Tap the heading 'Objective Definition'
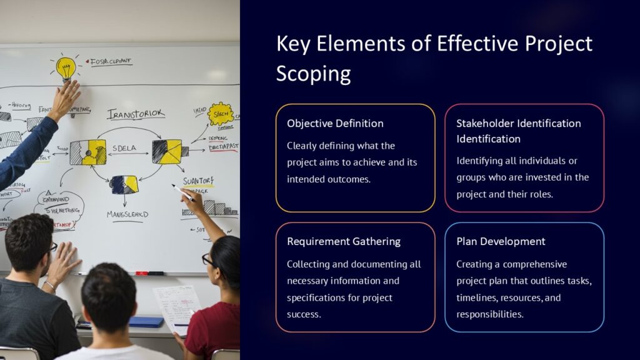click(335, 123)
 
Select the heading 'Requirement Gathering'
click(344, 241)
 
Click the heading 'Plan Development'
click(501, 241)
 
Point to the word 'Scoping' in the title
click(313, 73)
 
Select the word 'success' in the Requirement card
click(304, 314)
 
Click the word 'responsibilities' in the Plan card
click(489, 314)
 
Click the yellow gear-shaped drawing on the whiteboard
click(220, 114)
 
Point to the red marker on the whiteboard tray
click(141, 273)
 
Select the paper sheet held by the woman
click(177, 306)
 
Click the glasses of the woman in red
click(207, 259)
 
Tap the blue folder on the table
click(146, 321)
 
